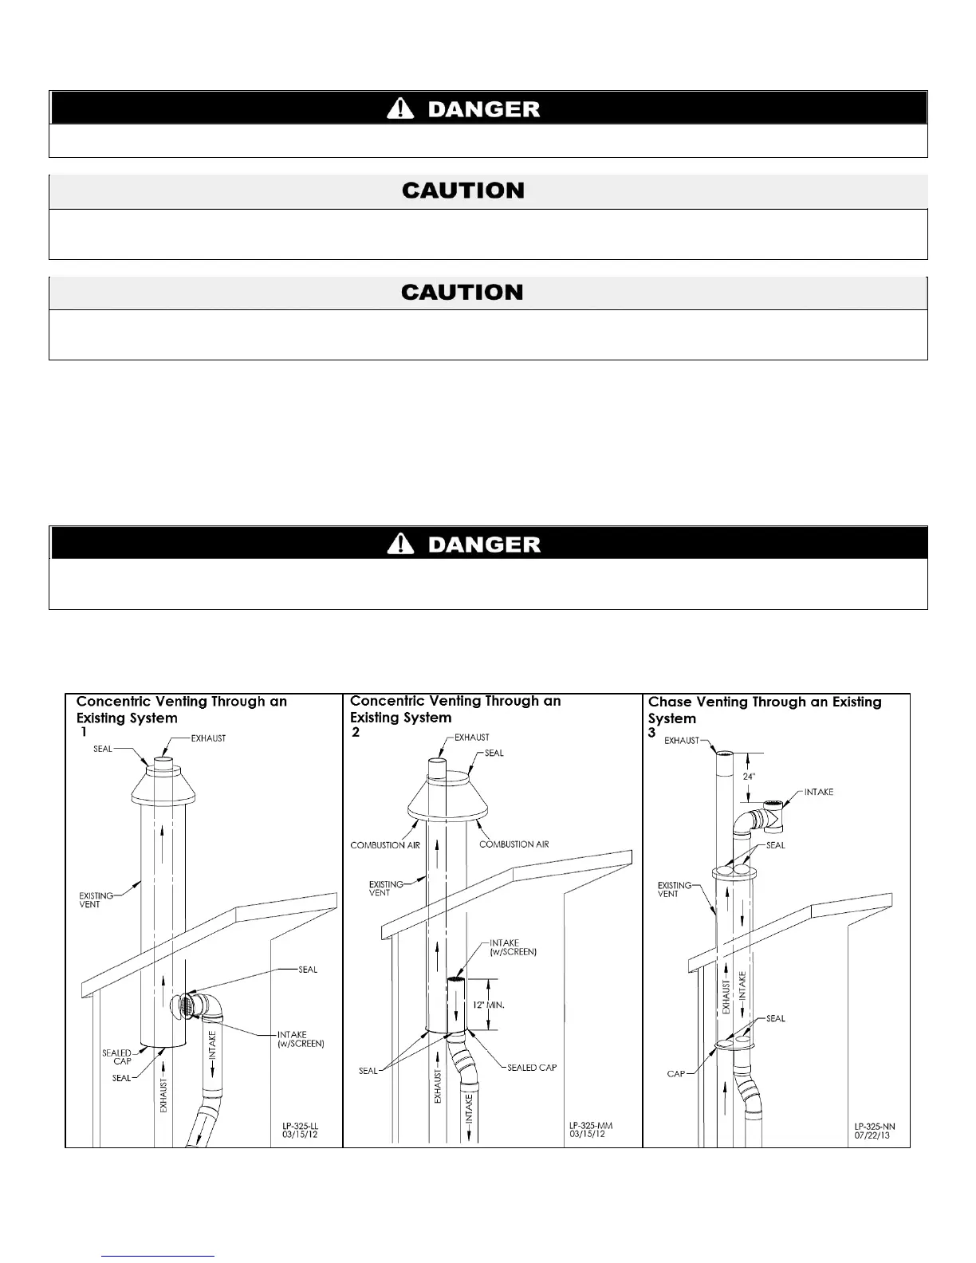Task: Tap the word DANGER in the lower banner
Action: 484,545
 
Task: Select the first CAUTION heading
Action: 462,191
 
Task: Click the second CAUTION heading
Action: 462,293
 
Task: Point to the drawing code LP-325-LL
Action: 300,1127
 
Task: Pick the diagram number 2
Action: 356,733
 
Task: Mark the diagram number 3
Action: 652,733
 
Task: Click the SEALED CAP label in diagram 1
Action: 116,1057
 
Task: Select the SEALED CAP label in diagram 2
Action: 532,1068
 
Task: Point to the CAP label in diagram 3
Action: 676,1074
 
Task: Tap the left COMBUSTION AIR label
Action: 385,844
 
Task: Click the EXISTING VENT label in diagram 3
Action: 674,890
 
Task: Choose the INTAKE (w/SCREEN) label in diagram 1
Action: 300,1039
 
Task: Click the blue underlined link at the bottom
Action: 159,1257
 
